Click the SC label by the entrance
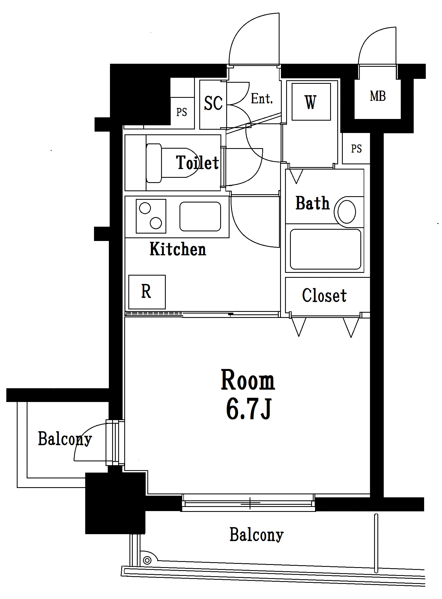coord(213,103)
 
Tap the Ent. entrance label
coord(262,99)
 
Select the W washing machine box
coord(311,102)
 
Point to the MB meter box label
coord(378,96)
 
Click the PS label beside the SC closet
coord(181,112)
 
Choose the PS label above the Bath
coord(356,149)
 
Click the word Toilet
coord(197,162)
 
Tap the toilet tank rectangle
coord(154,163)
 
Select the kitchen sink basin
coord(200,217)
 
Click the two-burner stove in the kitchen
coord(151,216)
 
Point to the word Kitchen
coord(178,249)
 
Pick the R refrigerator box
coord(147,292)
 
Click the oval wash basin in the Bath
coord(347,212)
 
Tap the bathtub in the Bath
coord(325,249)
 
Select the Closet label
coord(324,296)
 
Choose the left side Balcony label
coord(65,439)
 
